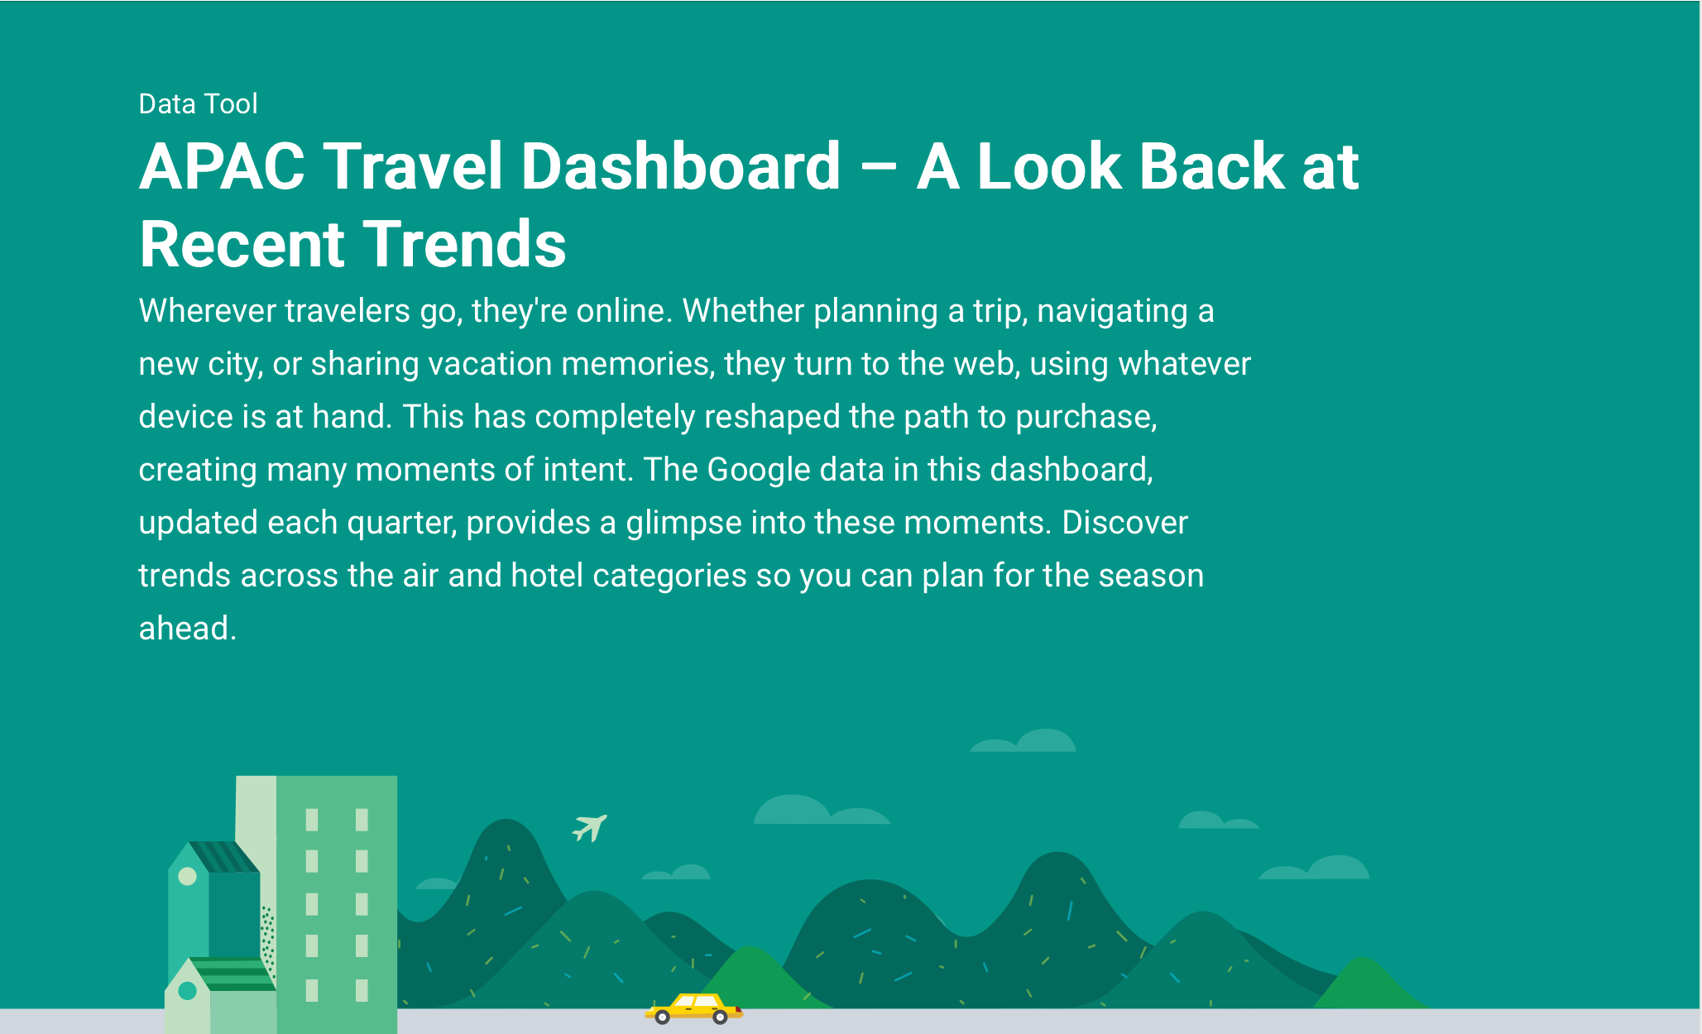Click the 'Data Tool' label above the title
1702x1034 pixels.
(x=198, y=103)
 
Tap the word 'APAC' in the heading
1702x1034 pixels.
(x=223, y=167)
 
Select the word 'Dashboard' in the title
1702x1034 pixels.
(x=681, y=167)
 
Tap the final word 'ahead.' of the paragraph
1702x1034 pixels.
(x=188, y=629)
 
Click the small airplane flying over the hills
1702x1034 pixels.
(x=590, y=827)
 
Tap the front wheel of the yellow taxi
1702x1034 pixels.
(x=720, y=1017)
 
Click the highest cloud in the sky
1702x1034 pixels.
(x=1024, y=740)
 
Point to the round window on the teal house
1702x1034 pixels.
(x=188, y=876)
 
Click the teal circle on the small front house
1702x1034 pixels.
(x=188, y=990)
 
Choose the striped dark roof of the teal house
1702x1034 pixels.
(x=223, y=857)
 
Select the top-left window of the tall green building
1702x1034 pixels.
(x=312, y=820)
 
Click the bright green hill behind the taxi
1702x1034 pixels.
(x=751, y=976)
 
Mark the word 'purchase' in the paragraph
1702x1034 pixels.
(x=1084, y=418)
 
